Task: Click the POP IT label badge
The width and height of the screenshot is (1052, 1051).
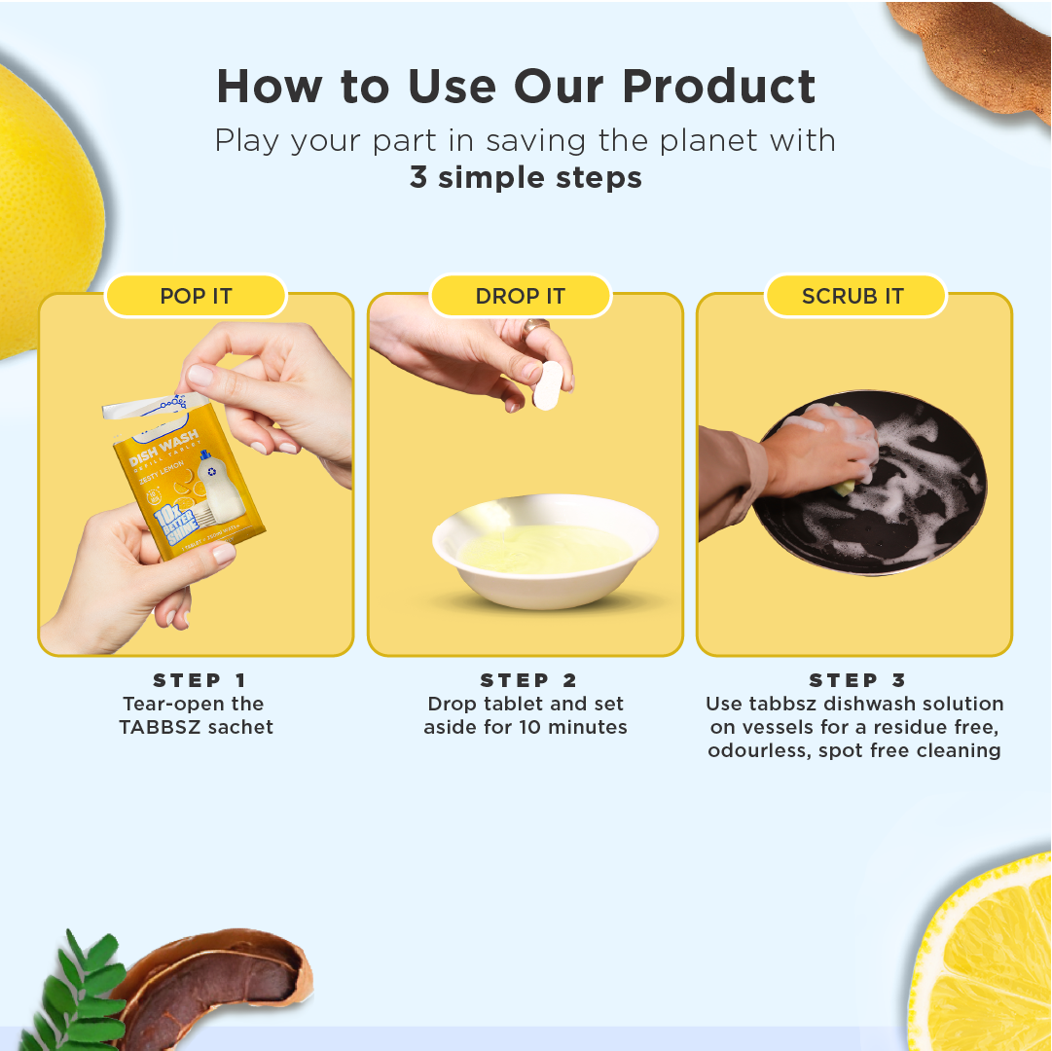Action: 196,296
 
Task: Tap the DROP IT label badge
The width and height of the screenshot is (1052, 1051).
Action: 521,296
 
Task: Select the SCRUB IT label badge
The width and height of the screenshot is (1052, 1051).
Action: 853,296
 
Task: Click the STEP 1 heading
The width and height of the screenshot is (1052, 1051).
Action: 200,680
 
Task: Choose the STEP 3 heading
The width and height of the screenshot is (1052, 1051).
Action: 857,680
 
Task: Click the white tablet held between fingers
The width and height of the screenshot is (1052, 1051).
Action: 549,385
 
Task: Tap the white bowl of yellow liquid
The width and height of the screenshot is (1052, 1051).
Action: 545,555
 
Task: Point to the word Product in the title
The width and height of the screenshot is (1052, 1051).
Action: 719,87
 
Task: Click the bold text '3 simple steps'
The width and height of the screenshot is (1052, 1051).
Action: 526,178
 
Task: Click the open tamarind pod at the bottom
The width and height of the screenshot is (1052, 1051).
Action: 214,988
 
